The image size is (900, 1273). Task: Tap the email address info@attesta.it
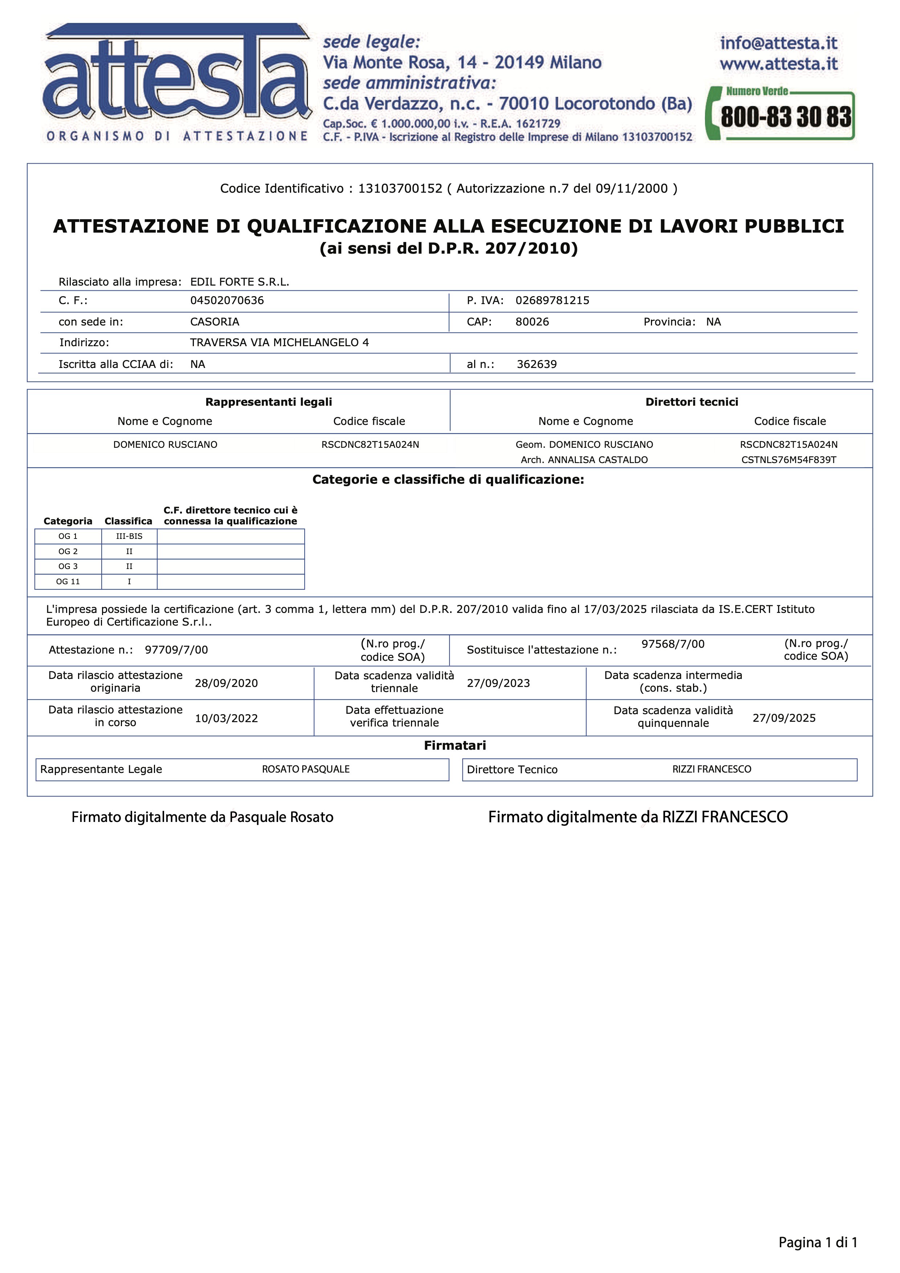click(x=778, y=43)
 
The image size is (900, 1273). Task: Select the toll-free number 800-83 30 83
click(x=785, y=116)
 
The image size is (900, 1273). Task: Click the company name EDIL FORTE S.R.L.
click(x=240, y=282)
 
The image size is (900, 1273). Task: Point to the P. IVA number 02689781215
click(x=552, y=300)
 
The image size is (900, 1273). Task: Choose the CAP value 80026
click(x=532, y=322)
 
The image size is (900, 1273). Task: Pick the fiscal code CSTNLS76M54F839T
click(x=789, y=460)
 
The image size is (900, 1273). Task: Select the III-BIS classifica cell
click(x=129, y=536)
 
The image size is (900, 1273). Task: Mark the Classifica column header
click(x=128, y=521)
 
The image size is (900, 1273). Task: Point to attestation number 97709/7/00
click(x=176, y=650)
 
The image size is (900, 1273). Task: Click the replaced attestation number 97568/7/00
click(x=673, y=644)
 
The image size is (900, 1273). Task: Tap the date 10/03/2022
click(x=226, y=719)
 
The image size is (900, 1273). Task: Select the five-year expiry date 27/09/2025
click(x=783, y=718)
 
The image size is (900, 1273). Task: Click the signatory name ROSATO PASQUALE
click(x=306, y=769)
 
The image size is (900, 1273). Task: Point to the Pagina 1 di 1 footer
click(x=817, y=1243)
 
